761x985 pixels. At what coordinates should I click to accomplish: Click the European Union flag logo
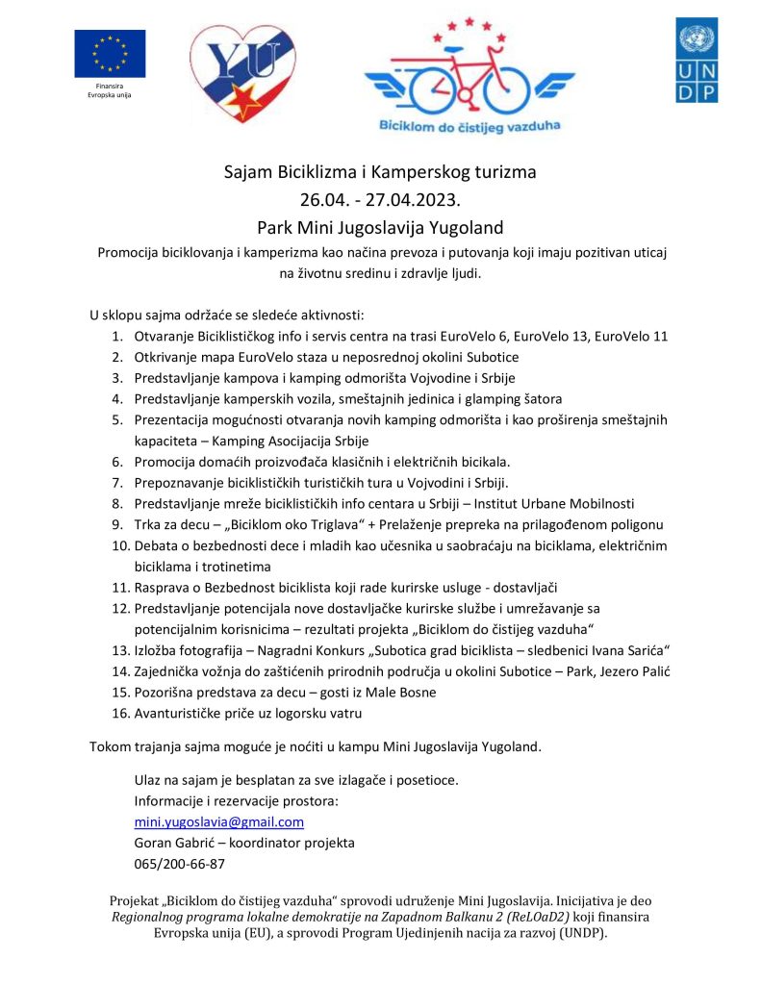click(110, 54)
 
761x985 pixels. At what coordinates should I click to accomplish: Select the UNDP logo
click(696, 60)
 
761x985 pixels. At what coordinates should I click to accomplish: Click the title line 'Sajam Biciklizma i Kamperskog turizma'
click(380, 173)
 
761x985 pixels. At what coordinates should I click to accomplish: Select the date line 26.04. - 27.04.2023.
click(380, 200)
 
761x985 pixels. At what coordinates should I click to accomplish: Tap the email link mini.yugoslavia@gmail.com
click(218, 822)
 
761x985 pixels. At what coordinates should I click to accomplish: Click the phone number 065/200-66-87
click(179, 863)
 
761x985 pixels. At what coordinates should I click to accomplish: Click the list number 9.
click(117, 524)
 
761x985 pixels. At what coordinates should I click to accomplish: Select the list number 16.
click(119, 713)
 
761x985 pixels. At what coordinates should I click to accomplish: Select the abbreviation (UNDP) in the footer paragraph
click(576, 933)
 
